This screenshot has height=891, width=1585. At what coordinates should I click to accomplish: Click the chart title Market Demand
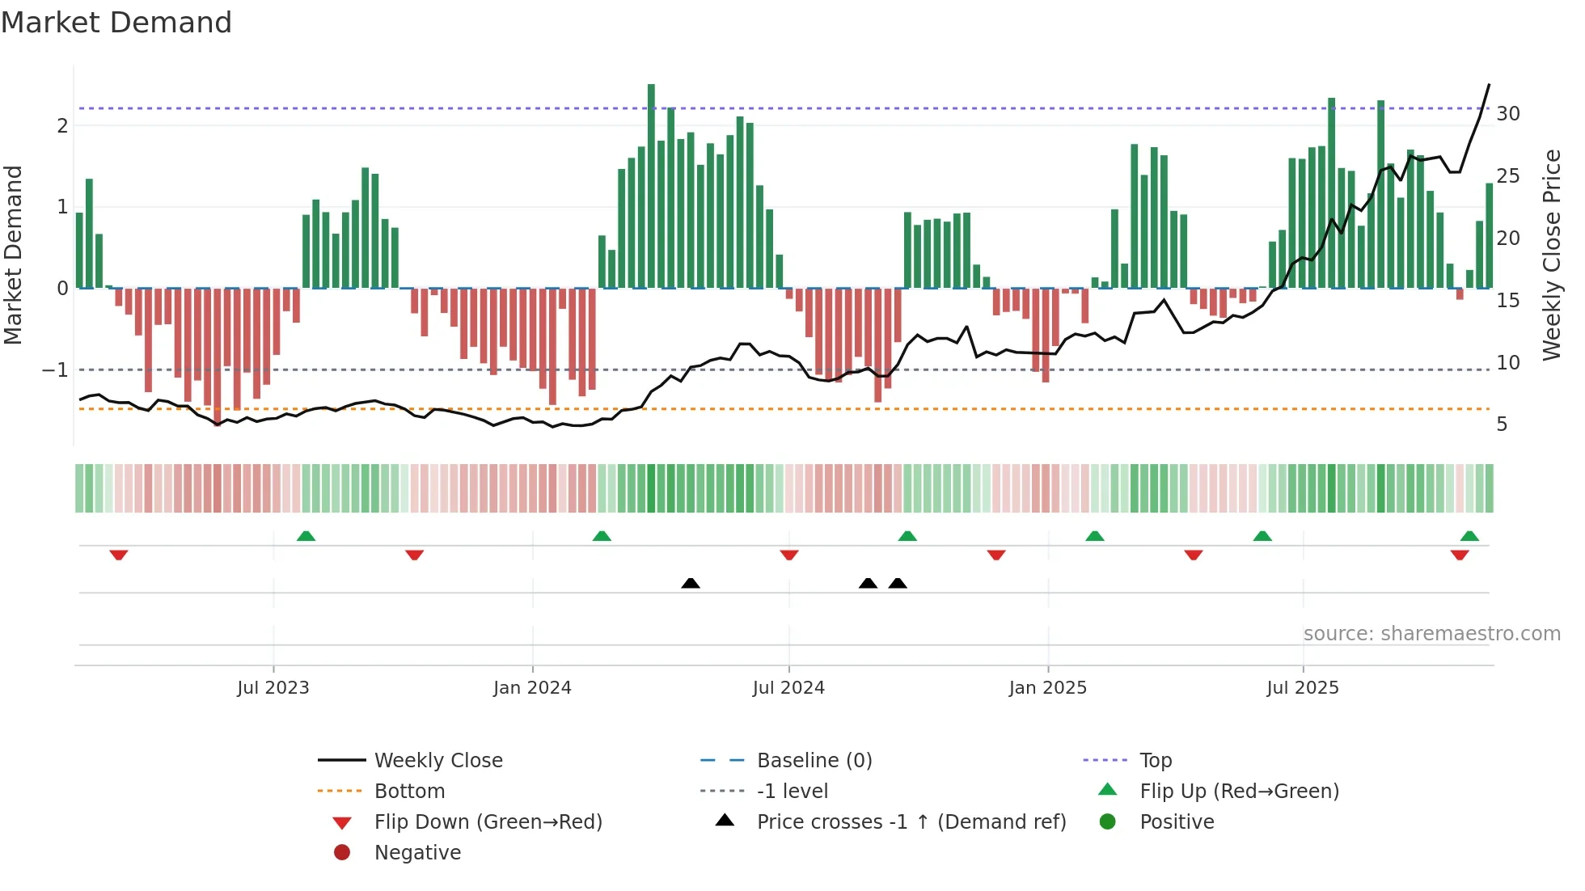(x=116, y=23)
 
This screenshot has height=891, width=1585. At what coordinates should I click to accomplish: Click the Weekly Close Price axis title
(x=1551, y=255)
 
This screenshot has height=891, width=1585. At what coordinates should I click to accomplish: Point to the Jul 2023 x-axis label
(x=273, y=688)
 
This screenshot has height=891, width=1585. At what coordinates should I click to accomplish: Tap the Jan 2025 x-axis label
(x=1048, y=688)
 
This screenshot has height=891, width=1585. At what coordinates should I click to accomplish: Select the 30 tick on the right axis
(x=1508, y=114)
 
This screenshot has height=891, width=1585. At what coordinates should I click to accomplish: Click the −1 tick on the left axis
(x=55, y=370)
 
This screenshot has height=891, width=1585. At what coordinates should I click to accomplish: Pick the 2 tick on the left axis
(x=62, y=126)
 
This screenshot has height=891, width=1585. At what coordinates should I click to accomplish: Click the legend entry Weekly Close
(x=438, y=761)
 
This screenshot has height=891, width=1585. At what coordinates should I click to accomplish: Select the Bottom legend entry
(x=409, y=792)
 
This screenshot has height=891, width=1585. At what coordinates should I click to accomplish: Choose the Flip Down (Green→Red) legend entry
(x=488, y=822)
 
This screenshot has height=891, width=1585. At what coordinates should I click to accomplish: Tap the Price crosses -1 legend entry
(x=911, y=822)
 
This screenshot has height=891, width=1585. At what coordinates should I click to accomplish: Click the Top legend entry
(x=1156, y=761)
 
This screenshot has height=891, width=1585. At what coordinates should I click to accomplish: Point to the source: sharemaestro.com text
(x=1431, y=634)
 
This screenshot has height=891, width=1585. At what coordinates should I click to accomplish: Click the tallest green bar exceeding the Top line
(x=651, y=186)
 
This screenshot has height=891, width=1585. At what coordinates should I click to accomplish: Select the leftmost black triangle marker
(x=691, y=583)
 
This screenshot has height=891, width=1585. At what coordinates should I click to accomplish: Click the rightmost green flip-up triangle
(x=1469, y=536)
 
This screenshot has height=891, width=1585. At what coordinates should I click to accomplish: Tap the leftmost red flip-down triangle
(x=119, y=555)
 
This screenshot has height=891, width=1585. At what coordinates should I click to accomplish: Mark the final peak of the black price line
(x=1489, y=85)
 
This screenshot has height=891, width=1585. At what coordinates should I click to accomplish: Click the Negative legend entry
(x=417, y=853)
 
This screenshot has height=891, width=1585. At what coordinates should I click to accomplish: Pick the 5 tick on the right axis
(x=1502, y=424)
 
